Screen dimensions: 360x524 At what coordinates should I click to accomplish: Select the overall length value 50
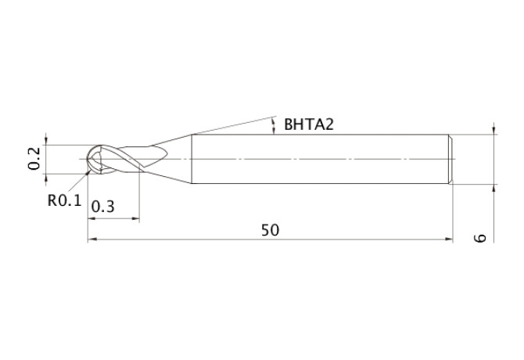(270, 230)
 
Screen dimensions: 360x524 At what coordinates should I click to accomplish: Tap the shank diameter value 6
(480, 237)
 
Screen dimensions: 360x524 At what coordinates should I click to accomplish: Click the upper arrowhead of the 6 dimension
(493, 130)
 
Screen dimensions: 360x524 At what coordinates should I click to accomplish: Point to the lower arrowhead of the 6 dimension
(493, 189)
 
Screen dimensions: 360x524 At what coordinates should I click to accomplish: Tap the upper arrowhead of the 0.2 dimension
(47, 141)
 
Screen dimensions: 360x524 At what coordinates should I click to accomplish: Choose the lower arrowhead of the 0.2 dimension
(47, 178)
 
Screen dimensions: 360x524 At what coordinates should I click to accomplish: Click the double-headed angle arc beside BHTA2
(273, 125)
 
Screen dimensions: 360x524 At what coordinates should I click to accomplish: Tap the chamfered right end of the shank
(451, 160)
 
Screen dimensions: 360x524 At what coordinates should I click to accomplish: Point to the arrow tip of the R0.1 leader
(88, 167)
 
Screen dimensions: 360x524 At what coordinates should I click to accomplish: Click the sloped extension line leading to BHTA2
(231, 125)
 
